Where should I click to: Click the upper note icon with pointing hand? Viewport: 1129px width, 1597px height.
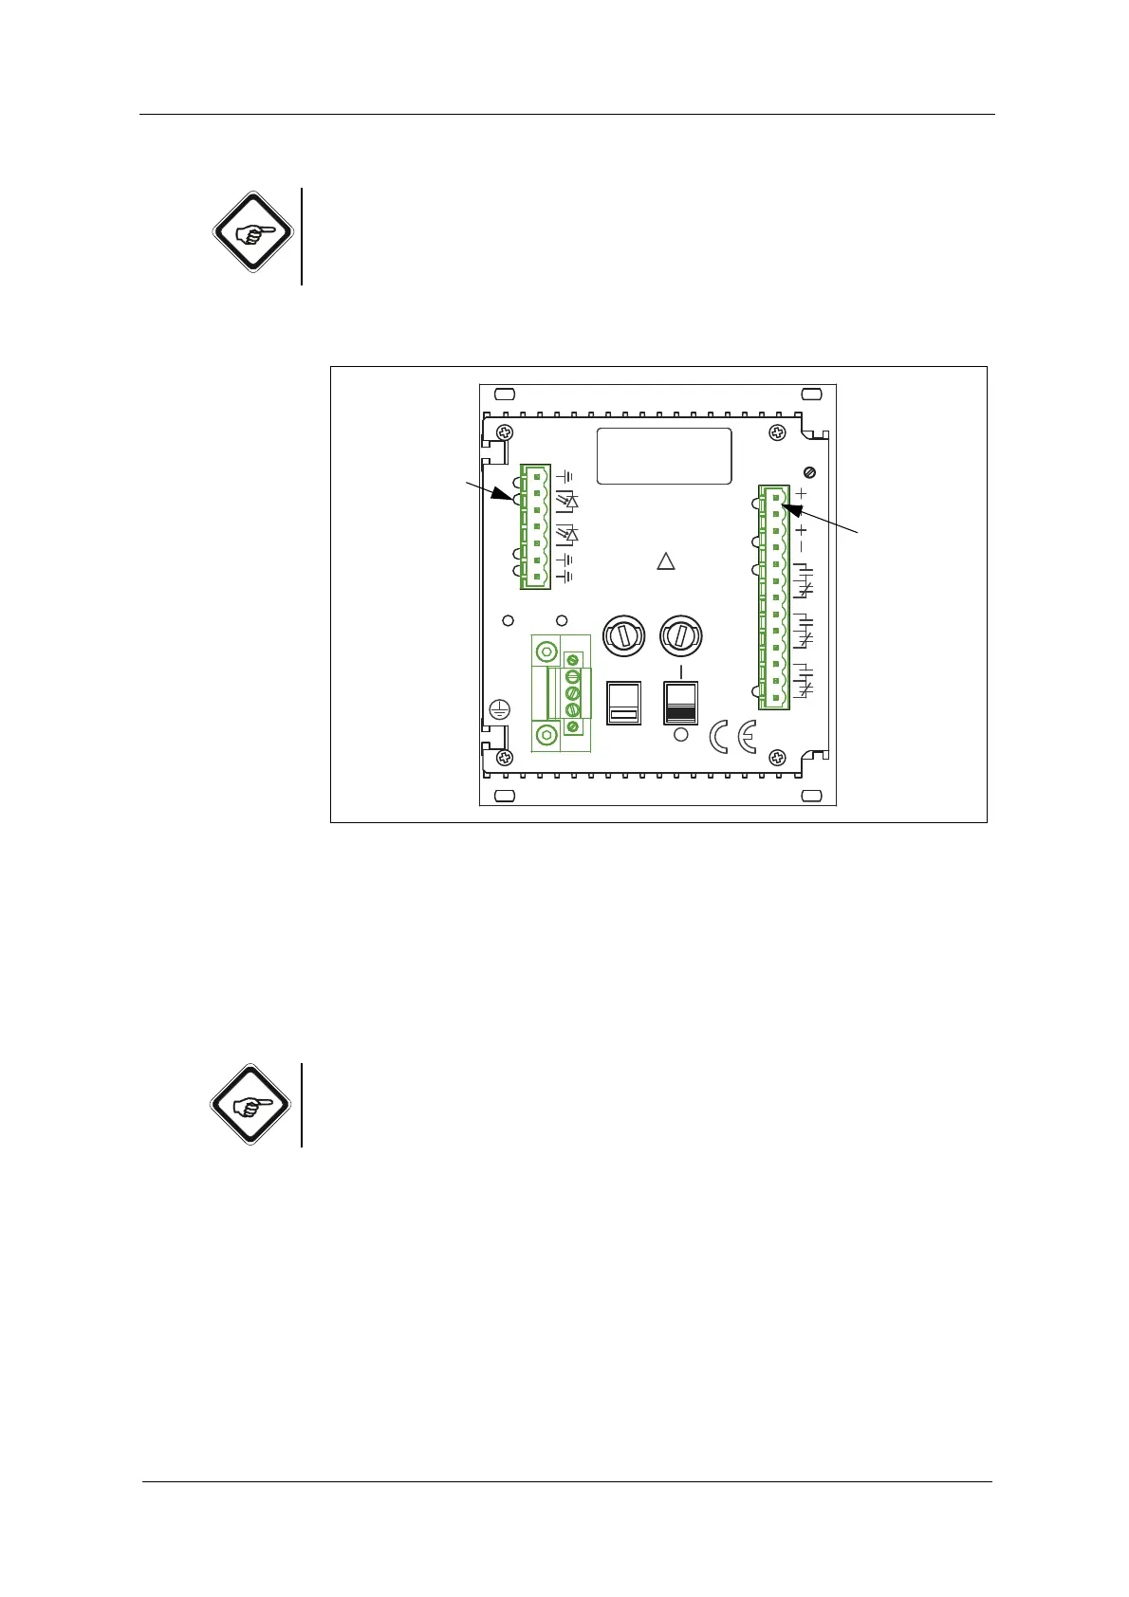(x=250, y=231)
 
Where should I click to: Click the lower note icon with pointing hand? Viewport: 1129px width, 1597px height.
(x=250, y=1104)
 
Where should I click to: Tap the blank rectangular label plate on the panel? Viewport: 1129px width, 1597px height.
(x=664, y=455)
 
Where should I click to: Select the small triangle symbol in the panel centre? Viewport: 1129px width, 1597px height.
(x=666, y=561)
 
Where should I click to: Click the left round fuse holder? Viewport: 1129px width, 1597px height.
(x=625, y=634)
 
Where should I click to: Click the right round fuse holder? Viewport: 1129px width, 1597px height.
(x=680, y=634)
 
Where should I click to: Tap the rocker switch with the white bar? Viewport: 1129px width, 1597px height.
(x=623, y=703)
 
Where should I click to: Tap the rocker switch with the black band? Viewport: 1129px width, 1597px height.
(x=680, y=703)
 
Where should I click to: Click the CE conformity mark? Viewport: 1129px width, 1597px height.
(x=732, y=738)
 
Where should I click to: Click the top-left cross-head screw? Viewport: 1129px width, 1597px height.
(x=505, y=433)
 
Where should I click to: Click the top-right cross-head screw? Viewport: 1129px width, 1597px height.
(x=777, y=433)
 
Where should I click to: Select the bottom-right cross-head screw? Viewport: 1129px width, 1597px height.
(x=777, y=757)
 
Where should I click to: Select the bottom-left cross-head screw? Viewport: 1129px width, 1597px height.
(x=505, y=757)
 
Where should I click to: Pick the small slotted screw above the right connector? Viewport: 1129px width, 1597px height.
(x=809, y=472)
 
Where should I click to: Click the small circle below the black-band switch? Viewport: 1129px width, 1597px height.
(x=680, y=735)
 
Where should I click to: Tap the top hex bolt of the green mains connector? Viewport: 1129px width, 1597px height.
(x=546, y=652)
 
